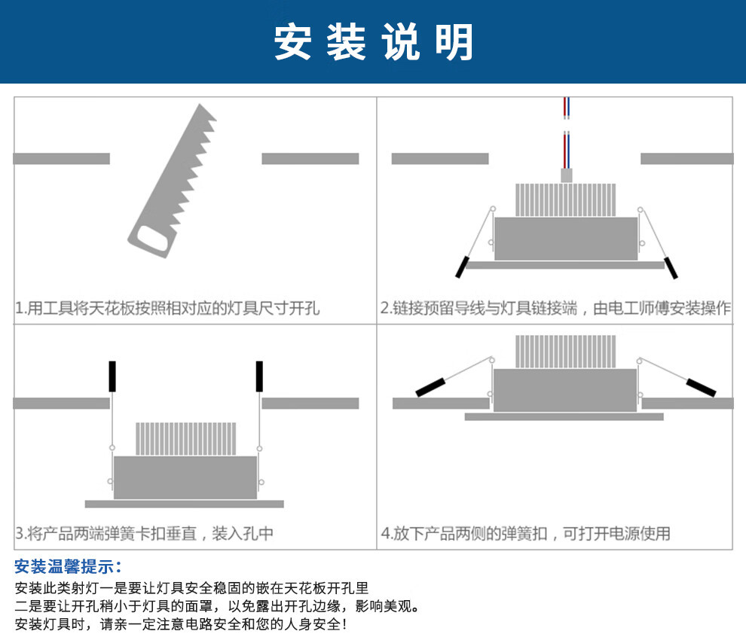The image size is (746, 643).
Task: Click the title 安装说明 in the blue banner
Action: (x=373, y=41)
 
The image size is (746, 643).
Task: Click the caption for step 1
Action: (x=167, y=308)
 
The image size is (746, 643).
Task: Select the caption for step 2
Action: (x=555, y=308)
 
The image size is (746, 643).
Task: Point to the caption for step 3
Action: (x=145, y=534)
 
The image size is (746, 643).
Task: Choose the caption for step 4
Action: (x=525, y=534)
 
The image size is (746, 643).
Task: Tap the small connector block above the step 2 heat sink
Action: (x=566, y=175)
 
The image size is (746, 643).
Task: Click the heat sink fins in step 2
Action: (x=566, y=200)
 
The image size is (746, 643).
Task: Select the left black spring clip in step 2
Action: (x=460, y=266)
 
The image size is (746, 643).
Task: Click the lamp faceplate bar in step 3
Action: (x=185, y=504)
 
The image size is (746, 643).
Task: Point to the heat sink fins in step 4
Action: (x=566, y=352)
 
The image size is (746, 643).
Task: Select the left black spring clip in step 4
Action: (x=431, y=387)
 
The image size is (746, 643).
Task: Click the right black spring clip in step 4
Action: (x=701, y=387)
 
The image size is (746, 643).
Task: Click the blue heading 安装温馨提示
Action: (x=68, y=566)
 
